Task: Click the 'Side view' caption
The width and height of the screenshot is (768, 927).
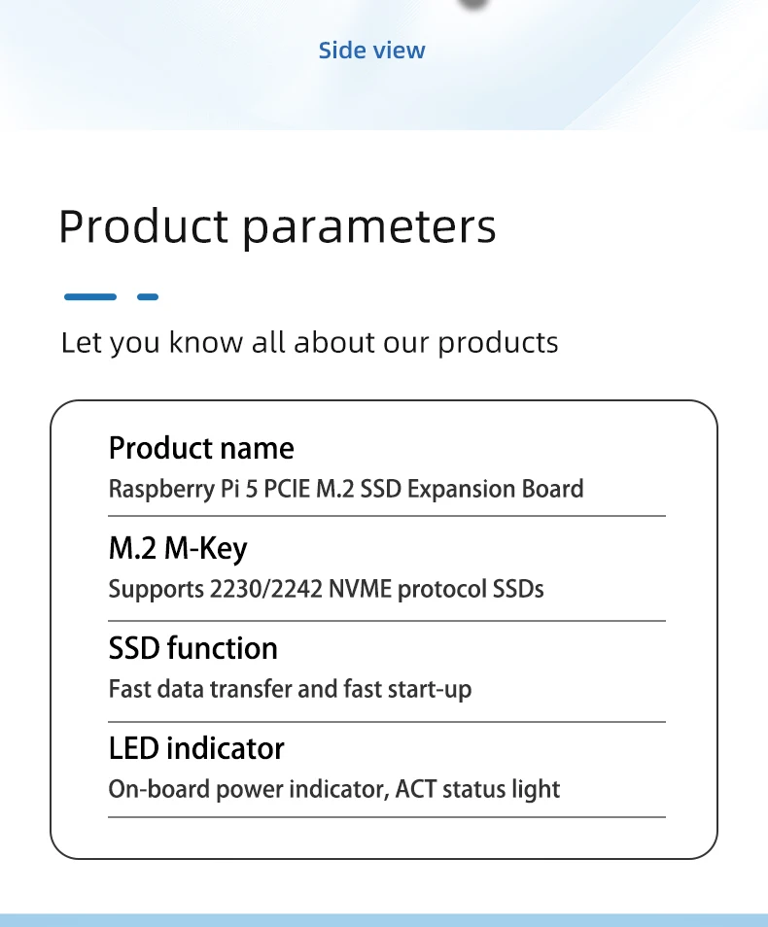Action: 371,51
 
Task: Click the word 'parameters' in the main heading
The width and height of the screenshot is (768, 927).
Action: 369,228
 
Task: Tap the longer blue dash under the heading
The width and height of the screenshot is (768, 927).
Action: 90,296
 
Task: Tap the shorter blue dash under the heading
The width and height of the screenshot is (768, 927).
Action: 148,296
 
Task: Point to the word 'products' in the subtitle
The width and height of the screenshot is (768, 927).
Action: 498,343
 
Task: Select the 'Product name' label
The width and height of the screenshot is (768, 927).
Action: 201,448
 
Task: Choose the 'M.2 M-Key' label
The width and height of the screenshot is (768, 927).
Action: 178,549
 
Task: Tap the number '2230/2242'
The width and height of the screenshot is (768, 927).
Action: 266,590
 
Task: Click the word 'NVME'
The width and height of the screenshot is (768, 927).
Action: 361,590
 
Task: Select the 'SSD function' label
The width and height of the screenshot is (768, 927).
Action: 192,648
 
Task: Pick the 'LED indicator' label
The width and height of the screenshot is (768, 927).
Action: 196,748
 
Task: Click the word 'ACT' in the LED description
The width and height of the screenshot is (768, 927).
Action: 415,789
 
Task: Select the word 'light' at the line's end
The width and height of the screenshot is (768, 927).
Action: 536,790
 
